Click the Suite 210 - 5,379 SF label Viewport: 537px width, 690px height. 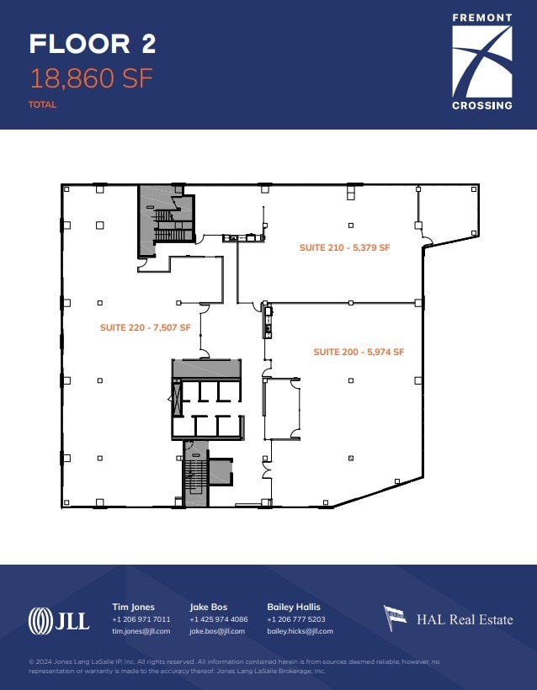click(344, 247)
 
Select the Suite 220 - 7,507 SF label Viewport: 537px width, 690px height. click(146, 328)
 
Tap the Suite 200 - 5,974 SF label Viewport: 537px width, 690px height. click(359, 352)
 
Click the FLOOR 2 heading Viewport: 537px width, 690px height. click(93, 44)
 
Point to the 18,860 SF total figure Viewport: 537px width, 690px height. click(91, 78)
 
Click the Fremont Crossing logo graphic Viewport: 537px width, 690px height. click(482, 61)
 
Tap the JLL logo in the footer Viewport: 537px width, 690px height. click(59, 621)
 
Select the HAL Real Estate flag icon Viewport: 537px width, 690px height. click(395, 618)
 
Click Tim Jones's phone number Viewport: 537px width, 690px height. click(141, 619)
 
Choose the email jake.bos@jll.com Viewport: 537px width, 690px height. click(217, 631)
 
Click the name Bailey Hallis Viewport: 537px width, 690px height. click(294, 607)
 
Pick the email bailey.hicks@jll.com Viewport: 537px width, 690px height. click(300, 631)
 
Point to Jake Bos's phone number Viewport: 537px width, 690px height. click(218, 619)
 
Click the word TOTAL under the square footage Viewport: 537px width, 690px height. click(42, 104)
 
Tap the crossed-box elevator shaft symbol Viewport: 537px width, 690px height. click(178, 400)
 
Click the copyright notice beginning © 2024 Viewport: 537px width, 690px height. click(234, 666)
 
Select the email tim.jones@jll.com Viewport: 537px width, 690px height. click(141, 631)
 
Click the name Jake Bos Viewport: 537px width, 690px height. click(208, 607)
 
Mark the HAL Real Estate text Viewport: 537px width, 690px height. click(465, 619)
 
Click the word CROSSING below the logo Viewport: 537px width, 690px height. click(482, 106)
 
